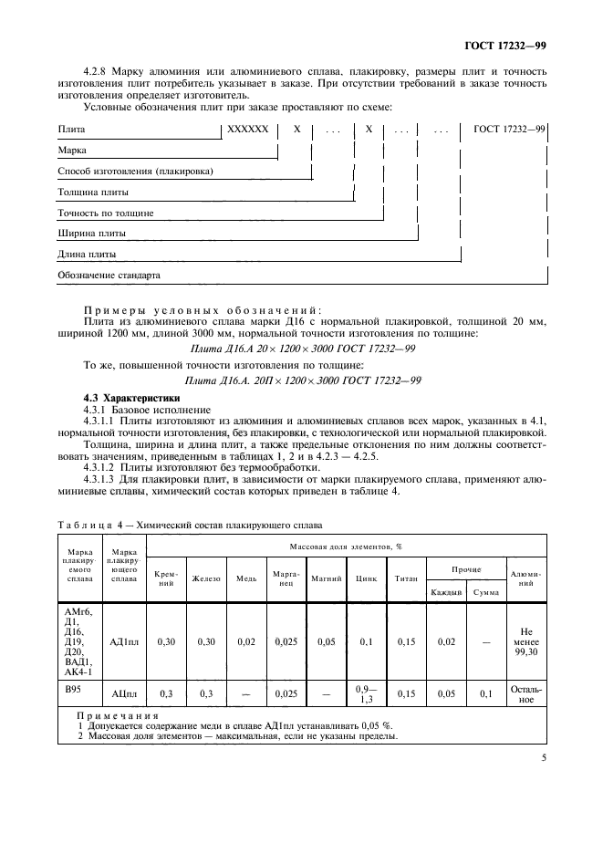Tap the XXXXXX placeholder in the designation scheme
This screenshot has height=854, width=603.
pyautogui.click(x=247, y=130)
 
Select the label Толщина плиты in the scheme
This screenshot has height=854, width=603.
pyautogui.click(x=93, y=193)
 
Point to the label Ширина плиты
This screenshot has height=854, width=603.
pyautogui.click(x=91, y=234)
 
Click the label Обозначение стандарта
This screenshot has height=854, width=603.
pyautogui.click(x=109, y=275)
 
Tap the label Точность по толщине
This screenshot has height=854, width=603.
pyautogui.click(x=105, y=213)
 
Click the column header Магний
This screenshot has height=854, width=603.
pyautogui.click(x=326, y=578)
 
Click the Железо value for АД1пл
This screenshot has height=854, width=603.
pyautogui.click(x=206, y=642)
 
